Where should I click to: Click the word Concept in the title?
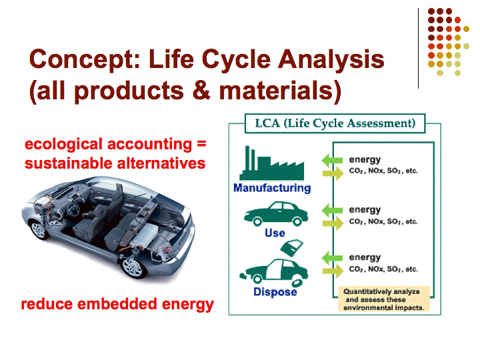(x=85, y=60)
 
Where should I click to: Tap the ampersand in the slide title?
(x=202, y=90)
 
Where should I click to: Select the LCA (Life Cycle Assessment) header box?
(x=335, y=123)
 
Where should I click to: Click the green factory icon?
(x=272, y=163)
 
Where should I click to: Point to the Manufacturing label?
(x=272, y=187)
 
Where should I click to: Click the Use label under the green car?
(x=275, y=233)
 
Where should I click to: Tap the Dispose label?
(x=275, y=292)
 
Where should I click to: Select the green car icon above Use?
(x=276, y=214)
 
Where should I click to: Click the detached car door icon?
(x=292, y=247)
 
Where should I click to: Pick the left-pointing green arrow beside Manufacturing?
(x=332, y=160)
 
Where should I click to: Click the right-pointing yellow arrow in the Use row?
(x=333, y=223)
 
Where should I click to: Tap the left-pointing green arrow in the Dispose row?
(x=332, y=258)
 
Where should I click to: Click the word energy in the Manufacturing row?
(x=365, y=160)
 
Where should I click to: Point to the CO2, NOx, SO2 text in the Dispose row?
(x=383, y=269)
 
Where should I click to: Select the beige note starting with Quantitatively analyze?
(x=383, y=299)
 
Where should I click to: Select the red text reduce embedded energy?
(x=117, y=304)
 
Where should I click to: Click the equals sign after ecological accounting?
(x=201, y=143)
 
